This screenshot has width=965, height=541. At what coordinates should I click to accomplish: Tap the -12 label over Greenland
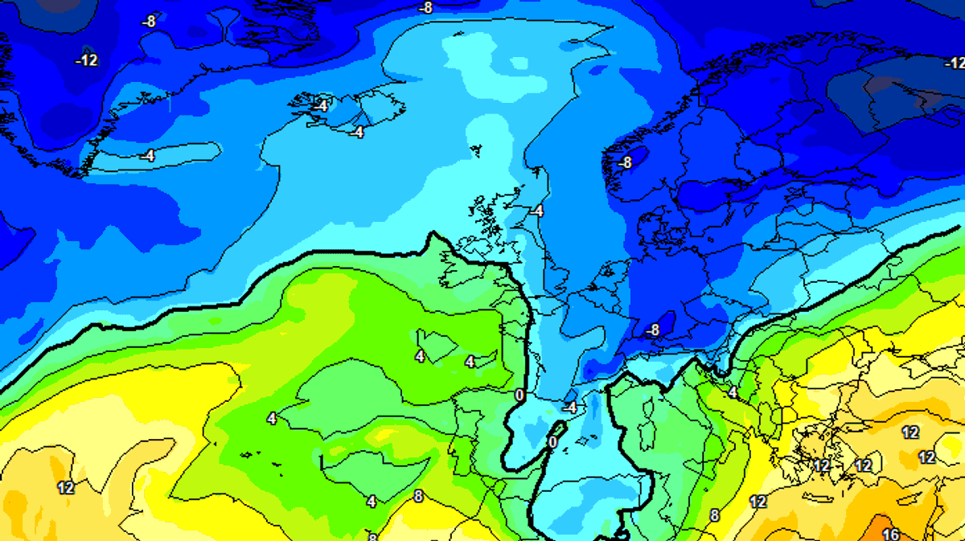86,60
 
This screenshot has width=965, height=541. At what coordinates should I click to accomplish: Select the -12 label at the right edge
954,63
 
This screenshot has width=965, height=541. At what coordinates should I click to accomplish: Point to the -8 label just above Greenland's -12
148,22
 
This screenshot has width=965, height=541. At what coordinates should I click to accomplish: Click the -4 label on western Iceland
321,105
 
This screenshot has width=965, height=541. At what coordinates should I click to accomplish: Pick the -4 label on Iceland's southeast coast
357,132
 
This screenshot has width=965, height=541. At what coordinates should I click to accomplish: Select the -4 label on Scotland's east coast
536,211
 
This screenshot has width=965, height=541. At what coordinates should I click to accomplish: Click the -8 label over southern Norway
625,162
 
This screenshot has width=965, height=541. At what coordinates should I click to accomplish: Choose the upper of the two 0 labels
519,395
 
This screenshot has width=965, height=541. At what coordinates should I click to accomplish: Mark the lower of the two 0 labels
552,442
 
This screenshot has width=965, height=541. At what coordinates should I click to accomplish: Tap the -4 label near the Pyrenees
569,408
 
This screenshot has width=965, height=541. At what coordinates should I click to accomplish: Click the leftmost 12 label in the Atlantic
66,487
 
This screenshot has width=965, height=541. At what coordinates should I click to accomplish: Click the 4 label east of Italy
732,391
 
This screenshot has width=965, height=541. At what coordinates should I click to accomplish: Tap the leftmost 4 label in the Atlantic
272,418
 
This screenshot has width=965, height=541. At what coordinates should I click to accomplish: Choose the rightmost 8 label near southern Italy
714,515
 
